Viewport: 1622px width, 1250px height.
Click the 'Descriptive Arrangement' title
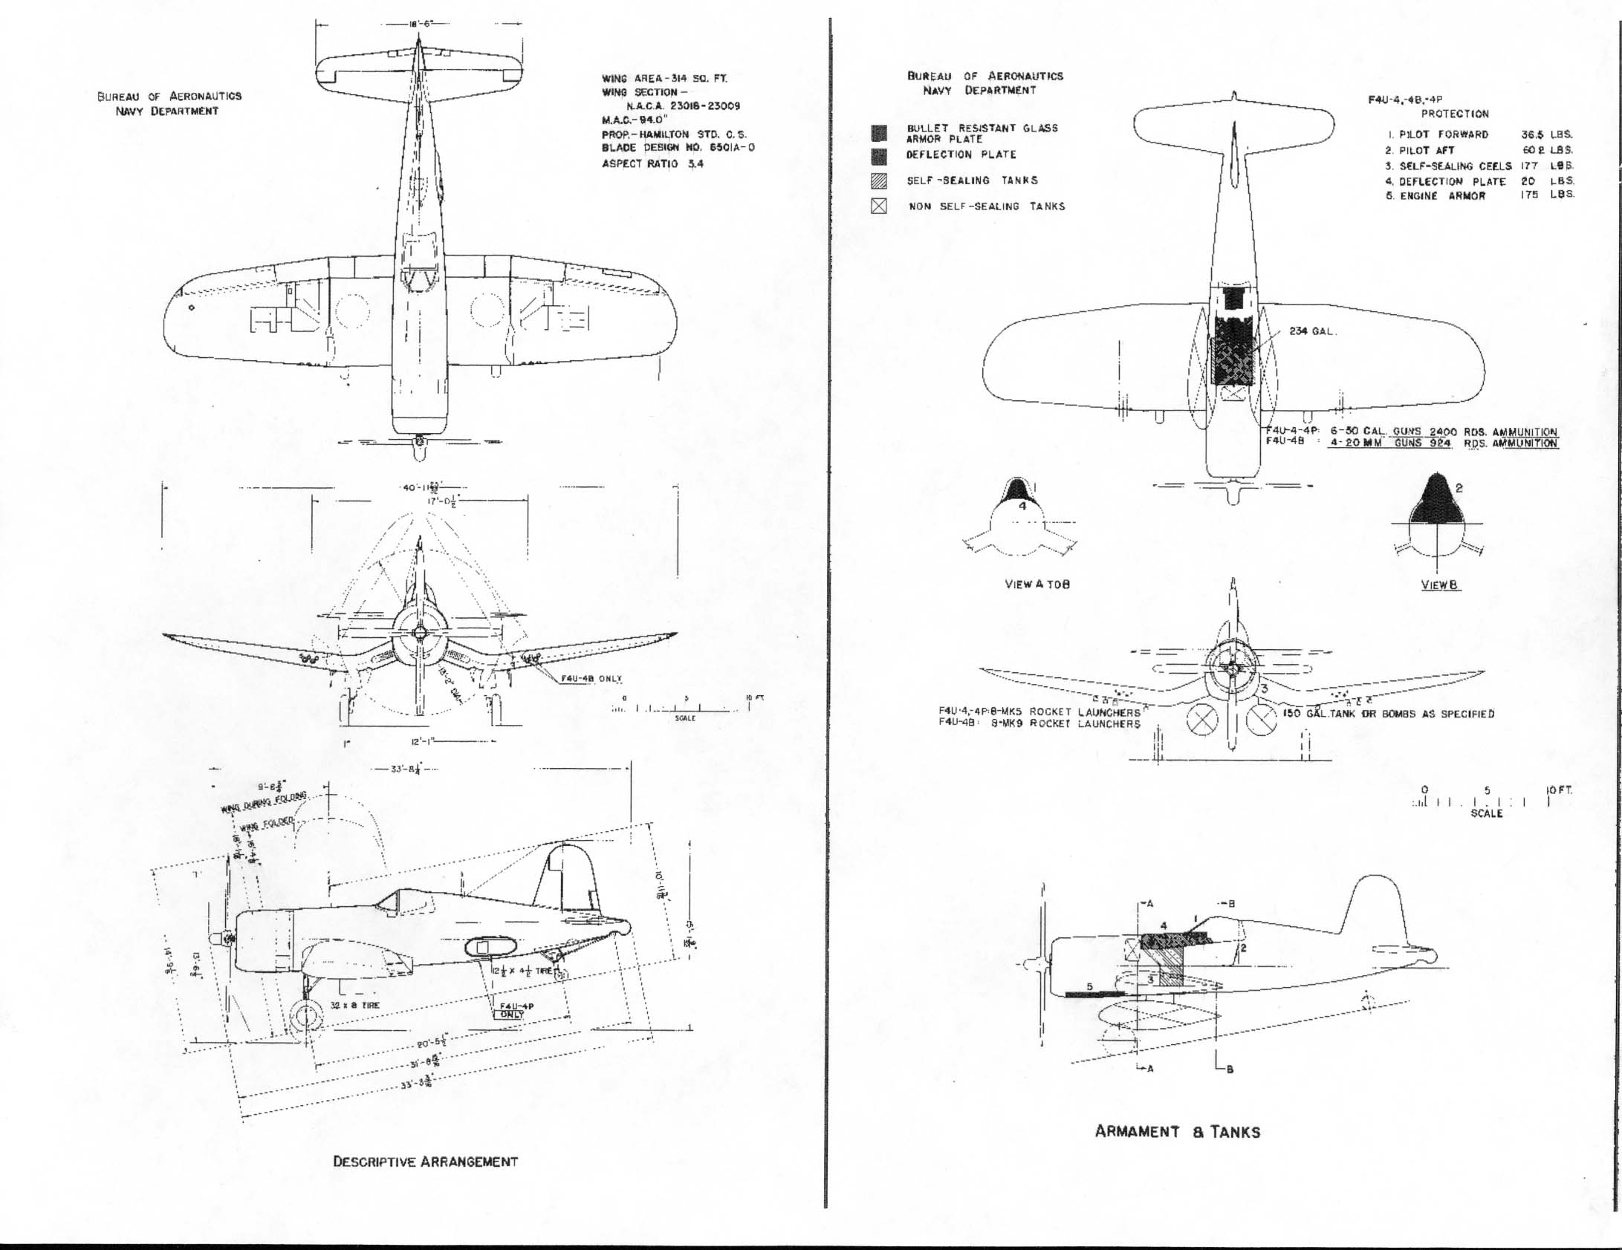pos(425,1162)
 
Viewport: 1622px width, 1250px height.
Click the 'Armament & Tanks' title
pos(1177,1132)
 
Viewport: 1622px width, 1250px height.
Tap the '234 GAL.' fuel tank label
pos(1312,331)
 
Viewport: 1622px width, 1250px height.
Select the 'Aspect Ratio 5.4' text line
pos(652,163)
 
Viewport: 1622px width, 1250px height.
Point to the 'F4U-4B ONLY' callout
pos(591,679)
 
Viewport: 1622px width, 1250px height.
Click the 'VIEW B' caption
pos(1439,585)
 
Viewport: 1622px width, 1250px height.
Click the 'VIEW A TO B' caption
pos(1037,585)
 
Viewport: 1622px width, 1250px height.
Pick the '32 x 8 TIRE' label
pos(354,1005)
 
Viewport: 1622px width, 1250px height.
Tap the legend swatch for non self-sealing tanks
pos(878,206)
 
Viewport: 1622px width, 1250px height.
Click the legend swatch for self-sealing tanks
pos(878,180)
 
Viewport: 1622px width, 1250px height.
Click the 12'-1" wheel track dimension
pos(427,742)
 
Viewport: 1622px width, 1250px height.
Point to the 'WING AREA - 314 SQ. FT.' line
pos(664,78)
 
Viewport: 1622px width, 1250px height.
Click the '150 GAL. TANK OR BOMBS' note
pos(1388,714)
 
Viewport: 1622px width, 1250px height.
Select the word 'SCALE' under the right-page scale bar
pos(1486,813)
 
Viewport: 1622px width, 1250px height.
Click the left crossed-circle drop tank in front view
pos(1201,719)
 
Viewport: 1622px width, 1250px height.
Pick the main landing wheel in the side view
pos(305,1017)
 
